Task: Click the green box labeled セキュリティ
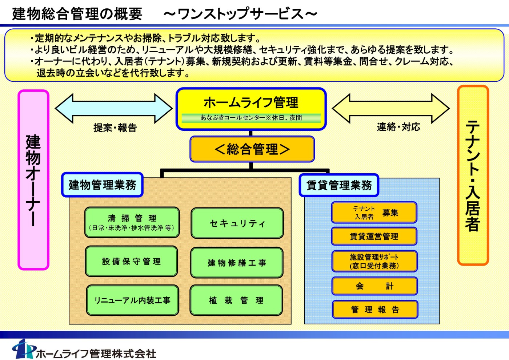(x=237, y=223)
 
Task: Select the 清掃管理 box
(x=132, y=222)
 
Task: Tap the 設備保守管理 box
(x=131, y=261)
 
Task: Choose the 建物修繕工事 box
(x=237, y=263)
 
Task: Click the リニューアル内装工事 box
(x=132, y=300)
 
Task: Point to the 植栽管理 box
(x=236, y=300)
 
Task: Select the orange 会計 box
(x=374, y=286)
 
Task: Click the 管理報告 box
(x=375, y=310)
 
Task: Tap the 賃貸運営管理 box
(x=374, y=236)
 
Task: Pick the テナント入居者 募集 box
(x=374, y=213)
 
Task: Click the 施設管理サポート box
(x=374, y=261)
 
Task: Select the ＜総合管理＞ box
(x=252, y=149)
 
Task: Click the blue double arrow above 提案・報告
(x=113, y=108)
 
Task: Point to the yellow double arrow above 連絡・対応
(x=391, y=108)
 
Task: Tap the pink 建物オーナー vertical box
(x=33, y=180)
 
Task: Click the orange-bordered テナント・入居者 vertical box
(x=473, y=175)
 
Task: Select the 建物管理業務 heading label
(x=102, y=185)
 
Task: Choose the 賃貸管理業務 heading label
(x=339, y=185)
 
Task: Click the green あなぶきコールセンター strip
(x=251, y=118)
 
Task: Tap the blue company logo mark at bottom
(x=23, y=349)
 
